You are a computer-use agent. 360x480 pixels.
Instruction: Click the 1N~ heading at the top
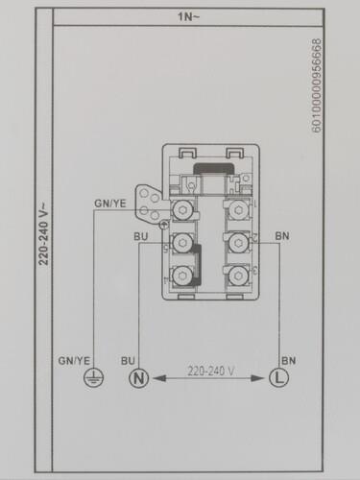click(188, 16)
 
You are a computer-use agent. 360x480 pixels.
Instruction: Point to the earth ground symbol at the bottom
click(93, 377)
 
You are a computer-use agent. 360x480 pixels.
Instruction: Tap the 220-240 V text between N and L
click(209, 368)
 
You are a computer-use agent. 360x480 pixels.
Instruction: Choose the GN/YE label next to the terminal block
click(108, 204)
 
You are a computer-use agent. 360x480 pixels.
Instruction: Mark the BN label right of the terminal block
click(281, 235)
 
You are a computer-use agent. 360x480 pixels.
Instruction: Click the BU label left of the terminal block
click(141, 235)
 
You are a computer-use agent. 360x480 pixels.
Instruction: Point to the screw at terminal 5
click(182, 243)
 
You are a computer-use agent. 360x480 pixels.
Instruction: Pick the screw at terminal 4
click(182, 276)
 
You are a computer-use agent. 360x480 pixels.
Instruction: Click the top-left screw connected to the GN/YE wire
click(182, 209)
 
